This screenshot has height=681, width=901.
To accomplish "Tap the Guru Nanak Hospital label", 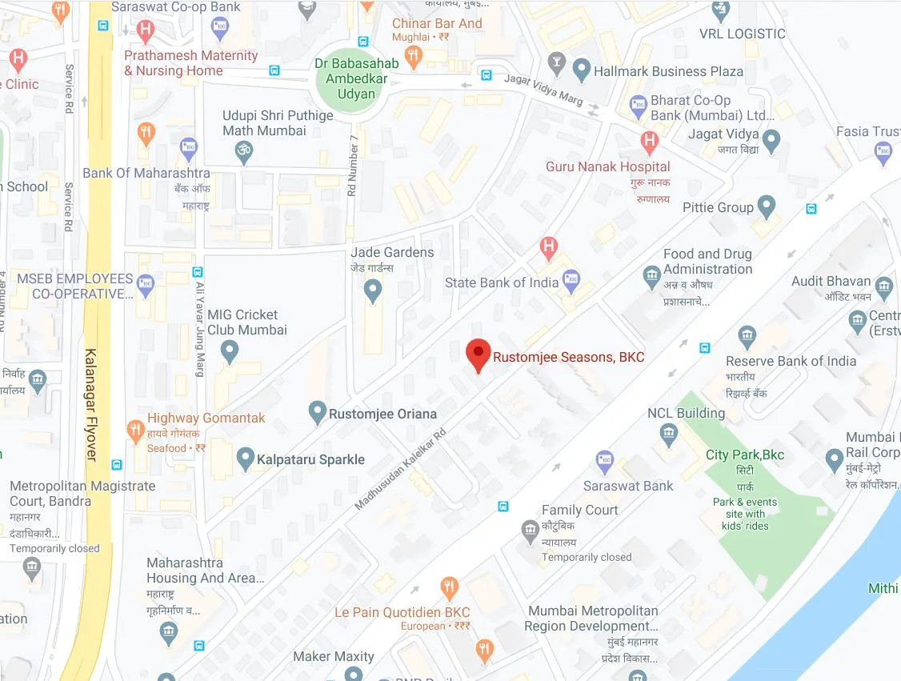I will (x=607, y=166).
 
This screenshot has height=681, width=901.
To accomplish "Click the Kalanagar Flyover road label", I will (x=90, y=404).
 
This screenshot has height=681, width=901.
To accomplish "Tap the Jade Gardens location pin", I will (x=373, y=290).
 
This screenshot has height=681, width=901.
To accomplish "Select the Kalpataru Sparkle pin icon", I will (x=246, y=459).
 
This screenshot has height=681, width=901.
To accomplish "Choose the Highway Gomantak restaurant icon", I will (x=136, y=432).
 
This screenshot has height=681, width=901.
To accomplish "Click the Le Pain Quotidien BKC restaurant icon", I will (x=449, y=590).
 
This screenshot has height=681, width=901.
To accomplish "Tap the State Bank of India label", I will (x=501, y=282).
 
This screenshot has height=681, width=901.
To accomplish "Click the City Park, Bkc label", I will (x=744, y=455).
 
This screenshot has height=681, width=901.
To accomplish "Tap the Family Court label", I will (x=579, y=510).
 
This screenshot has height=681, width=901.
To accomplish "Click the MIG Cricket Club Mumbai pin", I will (x=230, y=351).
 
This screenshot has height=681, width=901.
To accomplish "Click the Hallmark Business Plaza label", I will (x=668, y=71).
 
